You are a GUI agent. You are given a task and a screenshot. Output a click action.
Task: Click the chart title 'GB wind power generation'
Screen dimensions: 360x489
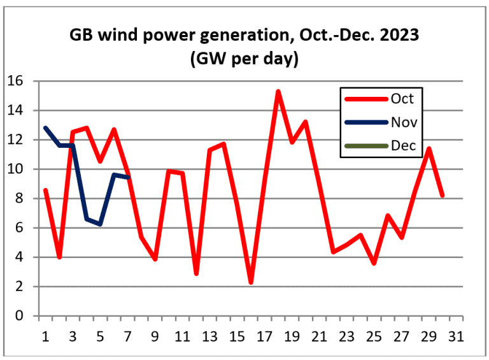point(244,36)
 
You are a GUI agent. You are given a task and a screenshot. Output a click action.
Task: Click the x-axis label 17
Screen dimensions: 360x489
point(265,336)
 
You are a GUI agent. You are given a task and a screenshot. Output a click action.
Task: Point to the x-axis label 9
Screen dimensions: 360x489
point(155,336)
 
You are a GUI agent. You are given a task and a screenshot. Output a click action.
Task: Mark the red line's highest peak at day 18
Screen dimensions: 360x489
point(278,92)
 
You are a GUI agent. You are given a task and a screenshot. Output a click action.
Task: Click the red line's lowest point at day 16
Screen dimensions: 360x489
point(251,282)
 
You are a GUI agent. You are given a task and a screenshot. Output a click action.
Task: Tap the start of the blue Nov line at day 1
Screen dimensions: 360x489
point(45,128)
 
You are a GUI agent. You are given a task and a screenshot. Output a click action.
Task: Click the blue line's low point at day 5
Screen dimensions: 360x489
point(100,224)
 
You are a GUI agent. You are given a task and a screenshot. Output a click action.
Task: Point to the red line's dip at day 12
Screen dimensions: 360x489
point(196,273)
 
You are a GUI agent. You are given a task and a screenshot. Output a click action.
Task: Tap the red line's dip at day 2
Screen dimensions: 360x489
point(59,257)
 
